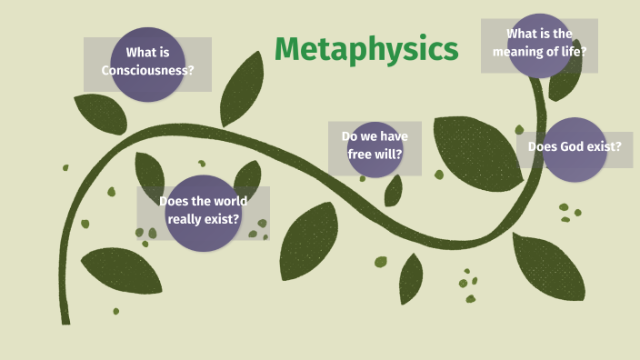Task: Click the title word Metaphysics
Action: pos(365,49)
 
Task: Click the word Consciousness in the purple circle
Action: pos(147,70)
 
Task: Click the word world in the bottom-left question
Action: pos(227,201)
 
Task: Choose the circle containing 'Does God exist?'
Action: pos(575,149)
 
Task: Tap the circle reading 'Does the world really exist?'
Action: pos(203,213)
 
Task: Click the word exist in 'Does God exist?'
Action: pos(604,145)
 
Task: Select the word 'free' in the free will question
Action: pos(361,154)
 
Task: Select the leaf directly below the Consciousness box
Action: pos(99,113)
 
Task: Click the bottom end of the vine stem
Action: pos(65,318)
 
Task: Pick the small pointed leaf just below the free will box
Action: pos(394,190)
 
